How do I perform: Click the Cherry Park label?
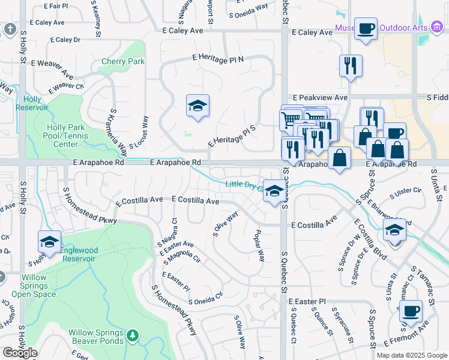123,61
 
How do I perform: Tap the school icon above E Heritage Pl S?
197,106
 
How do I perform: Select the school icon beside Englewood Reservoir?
49,242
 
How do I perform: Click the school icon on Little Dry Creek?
274,192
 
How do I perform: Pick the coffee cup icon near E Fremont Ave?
411,311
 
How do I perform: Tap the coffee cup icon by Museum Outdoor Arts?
366,28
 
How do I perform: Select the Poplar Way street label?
259,245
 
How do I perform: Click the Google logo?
20,353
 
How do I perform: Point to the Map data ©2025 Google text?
411,355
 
